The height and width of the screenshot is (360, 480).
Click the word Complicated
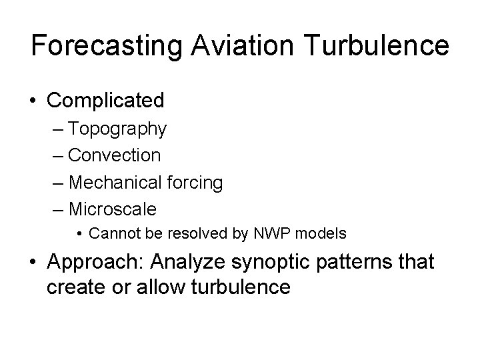(x=105, y=101)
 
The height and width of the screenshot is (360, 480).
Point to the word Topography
(x=117, y=129)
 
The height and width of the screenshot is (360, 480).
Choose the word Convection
(x=114, y=155)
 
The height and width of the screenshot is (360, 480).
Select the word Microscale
(x=113, y=209)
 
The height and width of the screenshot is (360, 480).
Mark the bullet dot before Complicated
(x=33, y=101)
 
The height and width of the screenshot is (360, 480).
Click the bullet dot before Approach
(x=33, y=263)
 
